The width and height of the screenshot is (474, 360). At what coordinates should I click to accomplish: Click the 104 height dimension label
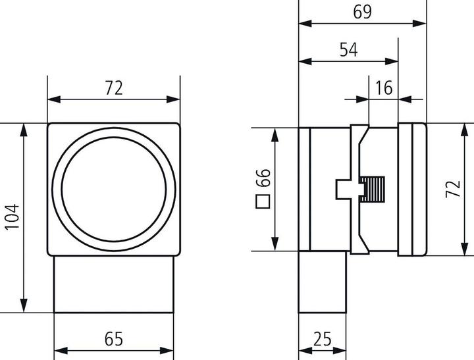pyautogui.click(x=12, y=217)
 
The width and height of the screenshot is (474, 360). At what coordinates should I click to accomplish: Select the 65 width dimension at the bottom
pyautogui.click(x=114, y=340)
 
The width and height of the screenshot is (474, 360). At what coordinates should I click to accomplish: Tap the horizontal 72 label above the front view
pyautogui.click(x=114, y=88)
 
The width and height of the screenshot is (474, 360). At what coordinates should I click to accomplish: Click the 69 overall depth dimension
pyautogui.click(x=362, y=12)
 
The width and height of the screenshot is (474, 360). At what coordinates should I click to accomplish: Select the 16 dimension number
pyautogui.click(x=384, y=88)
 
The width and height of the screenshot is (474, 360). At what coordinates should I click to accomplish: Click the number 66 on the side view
pyautogui.click(x=263, y=178)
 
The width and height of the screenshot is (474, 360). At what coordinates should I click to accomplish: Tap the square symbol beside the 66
pyautogui.click(x=263, y=201)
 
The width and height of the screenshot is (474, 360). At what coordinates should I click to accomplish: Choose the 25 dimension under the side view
pyautogui.click(x=323, y=340)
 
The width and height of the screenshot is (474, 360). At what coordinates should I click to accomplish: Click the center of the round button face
pyautogui.click(x=113, y=188)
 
